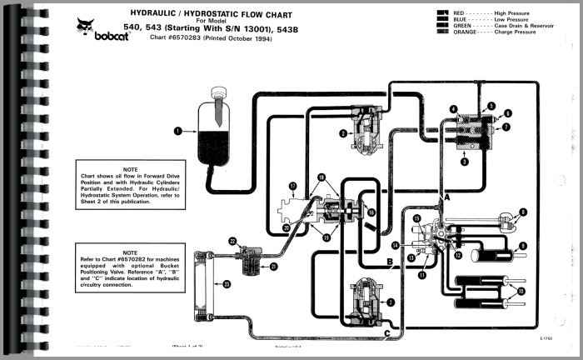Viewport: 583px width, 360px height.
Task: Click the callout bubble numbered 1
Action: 177,130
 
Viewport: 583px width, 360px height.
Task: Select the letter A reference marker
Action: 447,198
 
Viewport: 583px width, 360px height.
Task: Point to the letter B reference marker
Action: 390,264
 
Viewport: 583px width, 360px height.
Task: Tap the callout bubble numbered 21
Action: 273,267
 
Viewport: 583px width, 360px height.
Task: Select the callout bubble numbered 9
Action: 523,245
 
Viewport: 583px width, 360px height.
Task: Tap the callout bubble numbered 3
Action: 465,162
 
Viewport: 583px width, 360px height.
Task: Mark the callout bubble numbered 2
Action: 342,132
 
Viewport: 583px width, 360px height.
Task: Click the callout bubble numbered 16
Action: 372,212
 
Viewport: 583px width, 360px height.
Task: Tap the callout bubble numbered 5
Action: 491,105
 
